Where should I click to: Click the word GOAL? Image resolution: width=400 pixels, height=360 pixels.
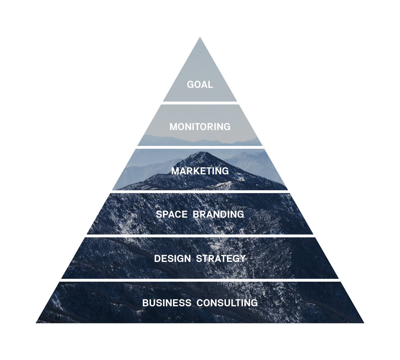pyautogui.click(x=200, y=84)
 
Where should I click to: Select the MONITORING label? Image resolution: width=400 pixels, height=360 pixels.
pyautogui.click(x=200, y=127)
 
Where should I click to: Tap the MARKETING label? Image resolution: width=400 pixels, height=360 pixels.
pyautogui.click(x=200, y=171)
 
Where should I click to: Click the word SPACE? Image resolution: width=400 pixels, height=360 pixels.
pyautogui.click(x=172, y=214)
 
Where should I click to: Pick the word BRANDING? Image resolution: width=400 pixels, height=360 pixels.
pyautogui.click(x=218, y=214)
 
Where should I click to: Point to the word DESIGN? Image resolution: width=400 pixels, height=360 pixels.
pyautogui.click(x=172, y=258)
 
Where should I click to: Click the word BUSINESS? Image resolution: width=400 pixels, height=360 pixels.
pyautogui.click(x=167, y=303)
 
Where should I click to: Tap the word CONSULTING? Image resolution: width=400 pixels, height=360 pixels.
pyautogui.click(x=227, y=303)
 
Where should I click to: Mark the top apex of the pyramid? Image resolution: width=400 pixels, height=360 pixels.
pyautogui.click(x=200, y=38)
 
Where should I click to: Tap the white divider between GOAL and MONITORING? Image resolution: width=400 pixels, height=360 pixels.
pyautogui.click(x=200, y=103)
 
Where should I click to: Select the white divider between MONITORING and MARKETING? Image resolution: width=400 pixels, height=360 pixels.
pyautogui.click(x=200, y=147)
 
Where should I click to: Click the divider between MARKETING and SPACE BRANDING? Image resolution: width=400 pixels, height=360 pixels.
pyautogui.click(x=200, y=192)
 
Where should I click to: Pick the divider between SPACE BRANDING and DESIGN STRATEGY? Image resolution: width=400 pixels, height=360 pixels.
pyautogui.click(x=200, y=236)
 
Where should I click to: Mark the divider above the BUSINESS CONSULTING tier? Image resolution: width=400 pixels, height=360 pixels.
pyautogui.click(x=200, y=280)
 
